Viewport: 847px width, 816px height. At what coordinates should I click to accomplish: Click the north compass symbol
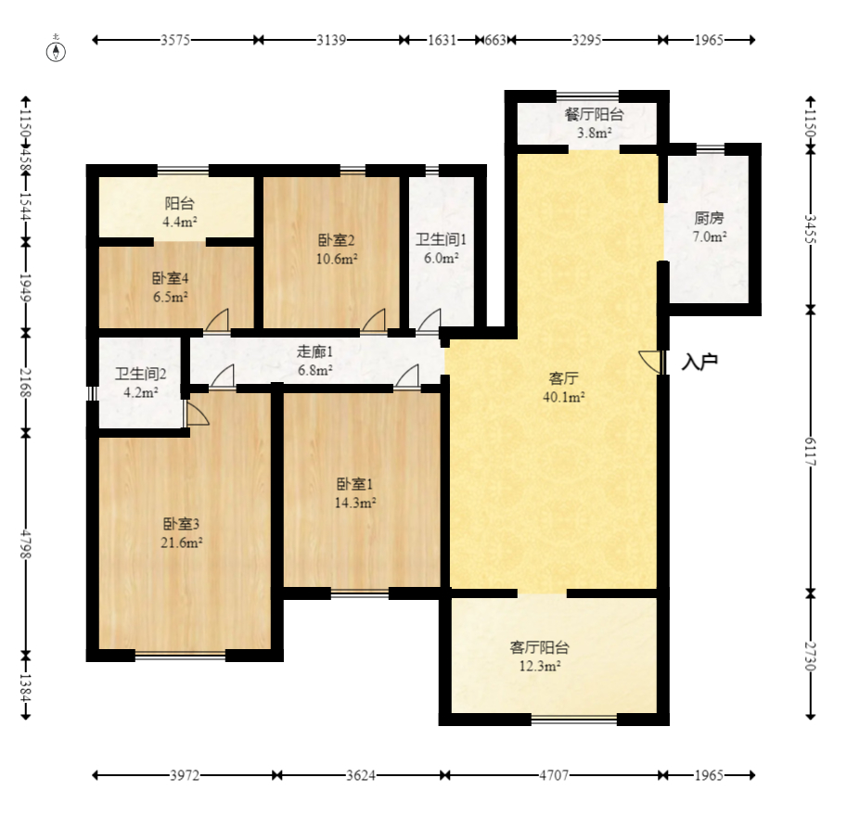pos(57,49)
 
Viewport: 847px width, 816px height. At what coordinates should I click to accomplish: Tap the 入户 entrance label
pos(699,362)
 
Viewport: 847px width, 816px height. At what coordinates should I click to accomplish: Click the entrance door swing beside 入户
pos(649,362)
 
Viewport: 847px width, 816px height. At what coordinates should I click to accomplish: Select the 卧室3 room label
pos(182,524)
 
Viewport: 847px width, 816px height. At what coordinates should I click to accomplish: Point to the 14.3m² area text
pos(355,503)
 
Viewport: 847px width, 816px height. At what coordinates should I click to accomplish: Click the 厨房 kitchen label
pos(709,218)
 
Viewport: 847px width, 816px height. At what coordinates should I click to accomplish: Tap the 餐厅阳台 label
pos(594,114)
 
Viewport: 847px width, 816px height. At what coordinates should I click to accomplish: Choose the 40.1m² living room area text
pos(564,397)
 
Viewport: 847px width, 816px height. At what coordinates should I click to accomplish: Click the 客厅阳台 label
pos(539,647)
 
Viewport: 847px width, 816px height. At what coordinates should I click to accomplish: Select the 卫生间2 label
pos(140,374)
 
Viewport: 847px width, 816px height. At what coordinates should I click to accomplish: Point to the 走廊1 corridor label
pos(314,351)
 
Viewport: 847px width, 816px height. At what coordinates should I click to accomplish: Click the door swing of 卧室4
pos(217,319)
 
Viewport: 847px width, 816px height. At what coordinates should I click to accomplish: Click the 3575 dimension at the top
pos(175,40)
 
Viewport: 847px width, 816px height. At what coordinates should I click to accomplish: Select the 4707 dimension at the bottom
pos(554,775)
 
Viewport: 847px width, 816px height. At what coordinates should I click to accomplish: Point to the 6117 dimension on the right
pos(810,452)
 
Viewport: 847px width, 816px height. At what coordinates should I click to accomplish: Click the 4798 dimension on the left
pos(26,544)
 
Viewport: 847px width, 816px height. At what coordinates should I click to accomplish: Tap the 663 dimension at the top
pos(495,40)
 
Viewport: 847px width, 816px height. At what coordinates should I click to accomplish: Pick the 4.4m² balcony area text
pos(179,222)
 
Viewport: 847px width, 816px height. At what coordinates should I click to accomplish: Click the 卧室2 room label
pos(336,240)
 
